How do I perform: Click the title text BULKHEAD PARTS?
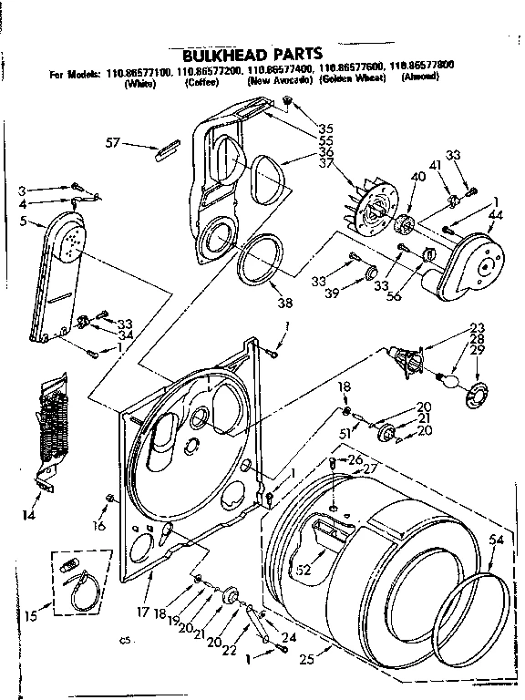pos(261,54)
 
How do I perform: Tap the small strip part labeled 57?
pos(170,149)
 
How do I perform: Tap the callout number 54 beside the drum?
pos(496,540)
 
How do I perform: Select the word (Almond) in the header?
pos(419,77)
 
